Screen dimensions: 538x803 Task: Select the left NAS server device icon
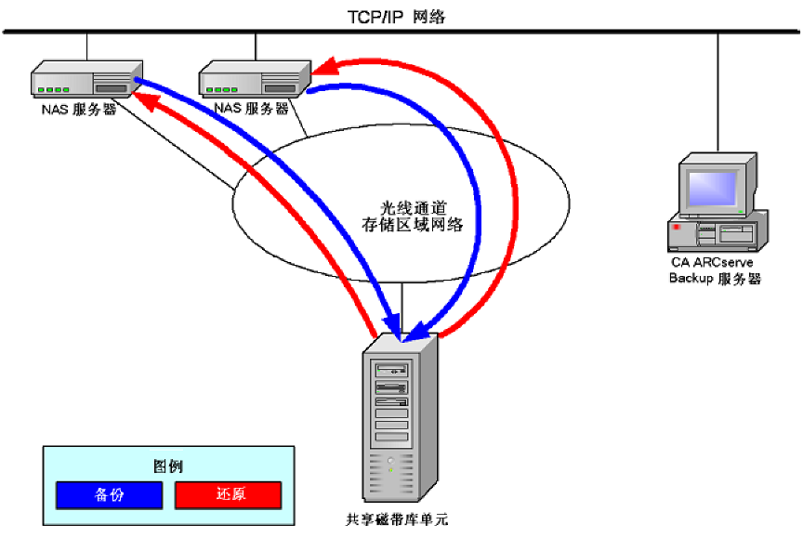tap(86, 80)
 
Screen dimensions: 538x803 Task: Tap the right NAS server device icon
tap(255, 80)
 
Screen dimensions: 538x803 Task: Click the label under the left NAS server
tap(79, 109)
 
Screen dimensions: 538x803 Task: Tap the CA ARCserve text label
tap(715, 263)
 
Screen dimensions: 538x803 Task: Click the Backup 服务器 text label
tap(715, 279)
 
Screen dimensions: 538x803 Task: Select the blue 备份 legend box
tap(109, 495)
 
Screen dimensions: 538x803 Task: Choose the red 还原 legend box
tap(228, 495)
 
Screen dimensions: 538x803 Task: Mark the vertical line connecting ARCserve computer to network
tap(717, 93)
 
